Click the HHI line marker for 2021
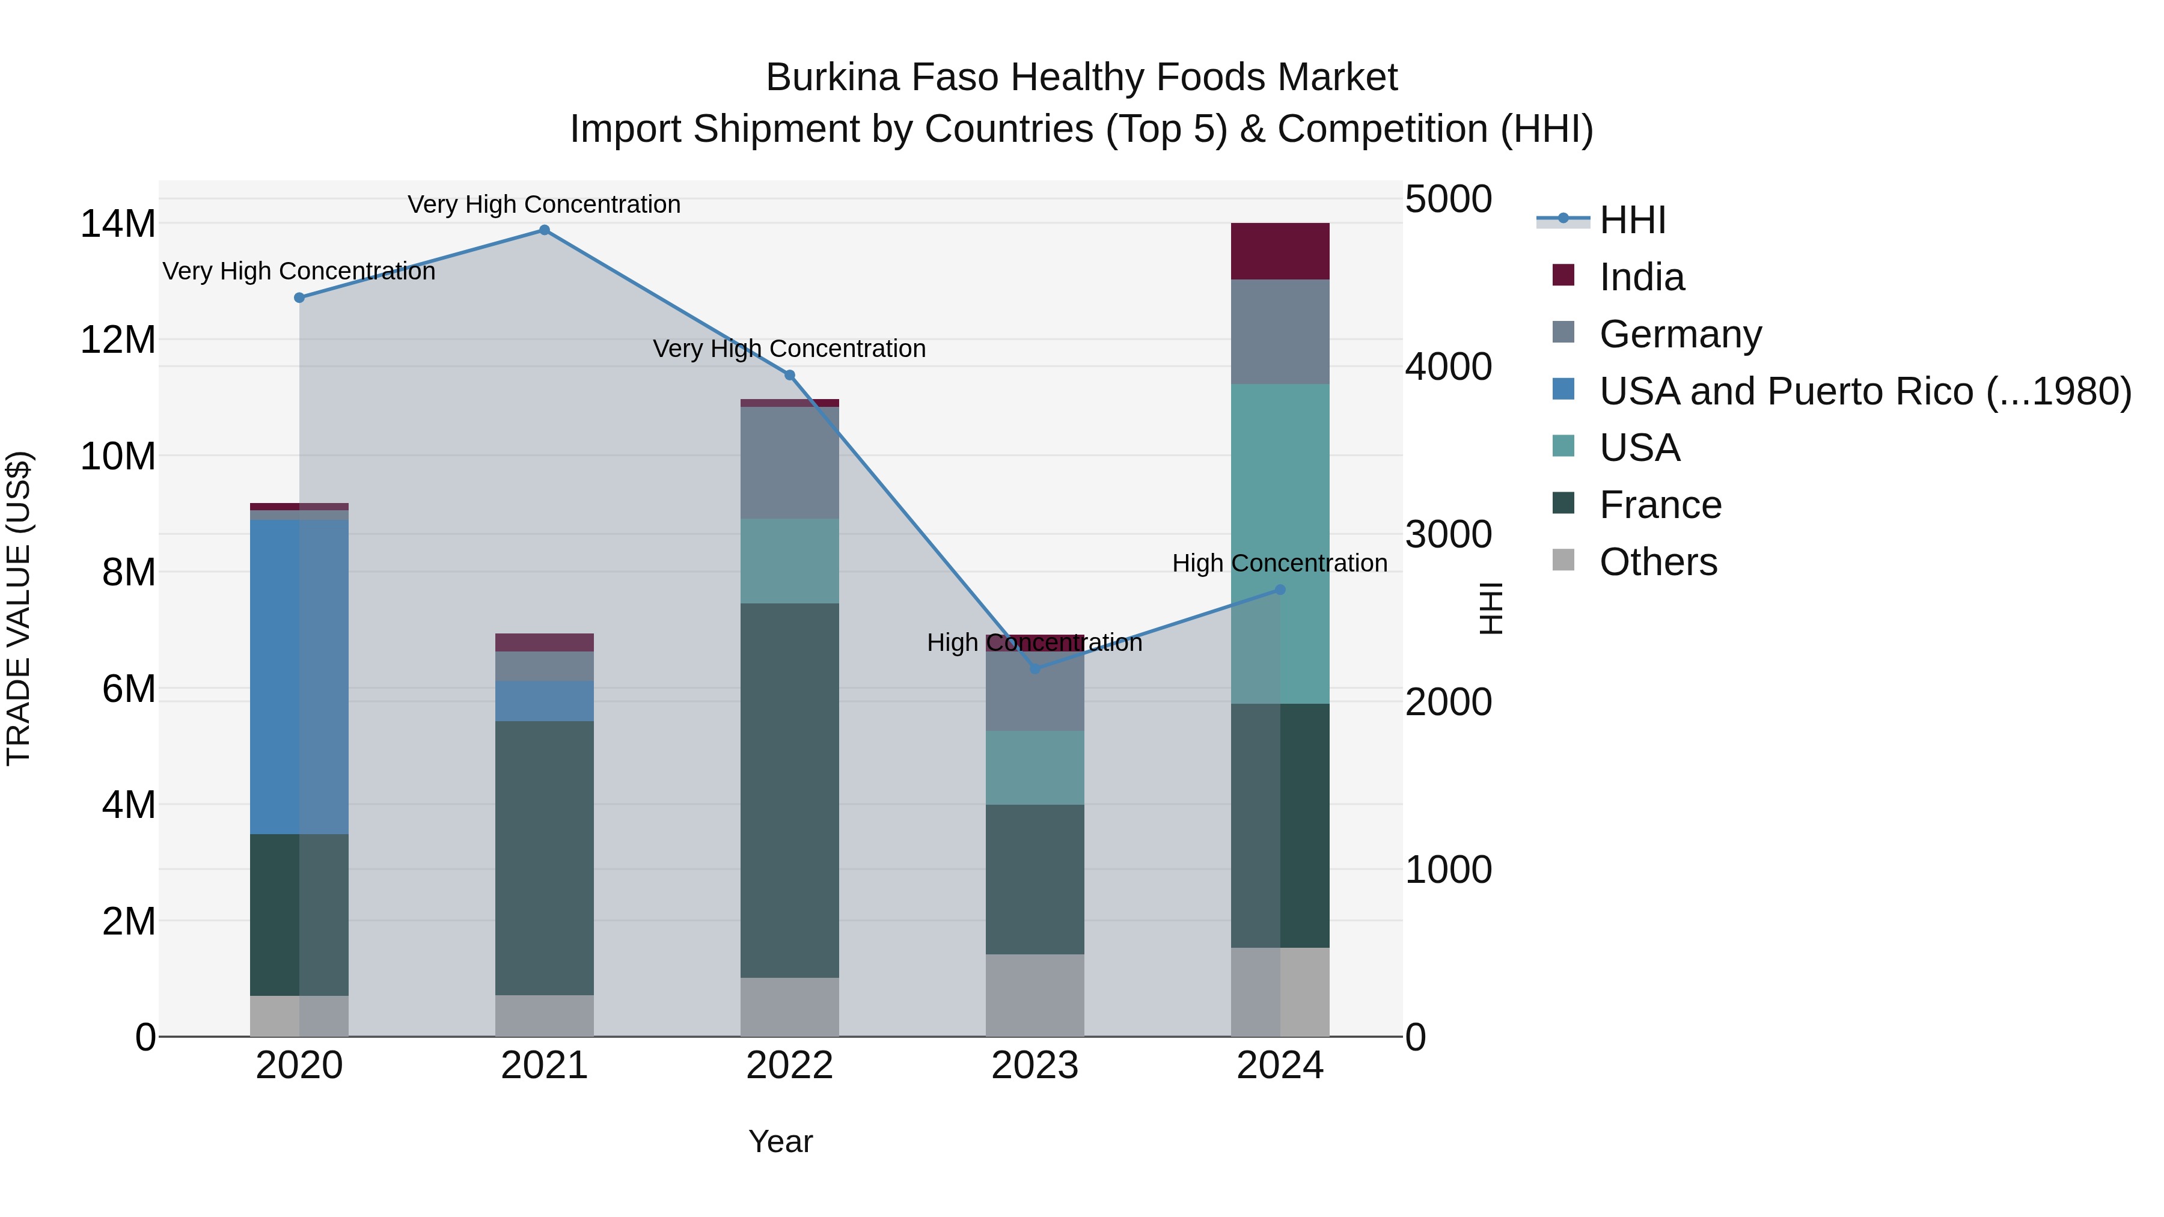pos(545,230)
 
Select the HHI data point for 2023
pos(1035,668)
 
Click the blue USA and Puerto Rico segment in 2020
pos(299,676)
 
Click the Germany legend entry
pos(1680,334)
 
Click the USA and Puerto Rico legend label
pos(1865,391)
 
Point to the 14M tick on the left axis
pos(118,224)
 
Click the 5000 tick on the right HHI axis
pos(1448,200)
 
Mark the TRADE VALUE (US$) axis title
pos(19,608)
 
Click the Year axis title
pos(780,1141)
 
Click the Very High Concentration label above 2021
pos(545,204)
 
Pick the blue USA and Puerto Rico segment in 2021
pos(545,701)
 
